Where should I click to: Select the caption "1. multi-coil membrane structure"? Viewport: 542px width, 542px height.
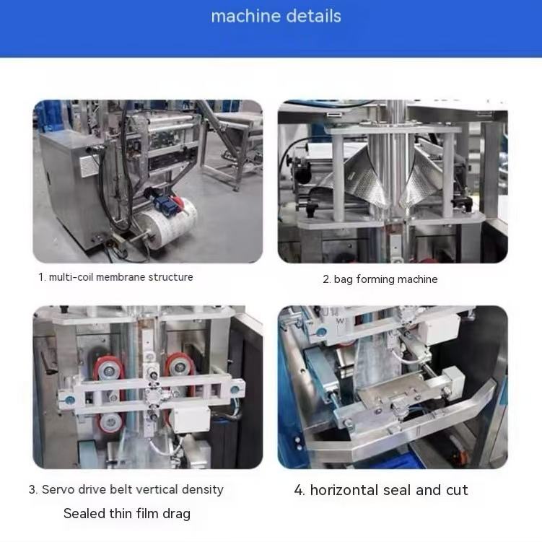coord(115,277)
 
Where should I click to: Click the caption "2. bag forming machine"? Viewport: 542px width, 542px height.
coord(380,279)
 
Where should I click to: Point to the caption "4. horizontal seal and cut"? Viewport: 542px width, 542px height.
coord(381,490)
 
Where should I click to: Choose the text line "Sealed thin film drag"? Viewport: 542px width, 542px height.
coord(127,514)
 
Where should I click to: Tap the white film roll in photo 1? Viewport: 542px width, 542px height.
coord(167,223)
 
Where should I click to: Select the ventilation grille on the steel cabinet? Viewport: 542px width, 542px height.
coord(89,165)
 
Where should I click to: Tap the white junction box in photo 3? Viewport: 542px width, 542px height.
coord(191,419)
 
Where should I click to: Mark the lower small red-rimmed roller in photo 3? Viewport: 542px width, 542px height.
coord(111,423)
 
